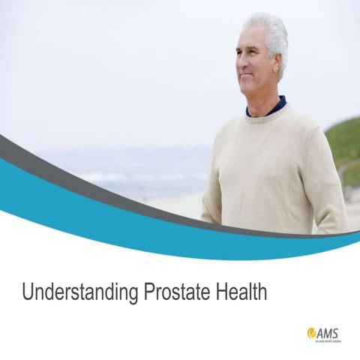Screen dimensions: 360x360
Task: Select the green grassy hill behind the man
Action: tap(343, 142)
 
